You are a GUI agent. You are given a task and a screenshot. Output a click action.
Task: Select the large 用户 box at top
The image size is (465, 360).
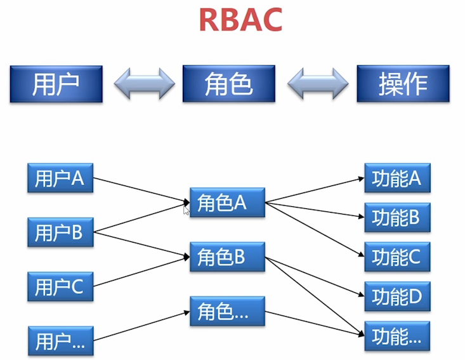(56, 83)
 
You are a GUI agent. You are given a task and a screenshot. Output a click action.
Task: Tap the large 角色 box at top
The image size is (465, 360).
(229, 83)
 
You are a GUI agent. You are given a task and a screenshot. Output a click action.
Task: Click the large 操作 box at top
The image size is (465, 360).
(403, 83)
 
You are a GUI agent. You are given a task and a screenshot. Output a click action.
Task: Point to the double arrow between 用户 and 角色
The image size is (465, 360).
(144, 83)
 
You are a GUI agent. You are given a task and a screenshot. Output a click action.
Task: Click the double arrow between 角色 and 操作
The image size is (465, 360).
(317, 83)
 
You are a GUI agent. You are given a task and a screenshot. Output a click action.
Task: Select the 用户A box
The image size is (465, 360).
(60, 178)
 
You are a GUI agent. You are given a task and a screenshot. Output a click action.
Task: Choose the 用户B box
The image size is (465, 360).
(60, 232)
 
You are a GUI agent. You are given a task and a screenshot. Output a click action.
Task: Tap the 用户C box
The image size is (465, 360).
(60, 286)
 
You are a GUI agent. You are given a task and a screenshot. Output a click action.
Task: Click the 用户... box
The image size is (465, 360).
(60, 340)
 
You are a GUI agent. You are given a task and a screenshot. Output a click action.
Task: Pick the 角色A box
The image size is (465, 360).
(227, 203)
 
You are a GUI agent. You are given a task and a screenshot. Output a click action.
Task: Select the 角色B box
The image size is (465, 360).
(227, 257)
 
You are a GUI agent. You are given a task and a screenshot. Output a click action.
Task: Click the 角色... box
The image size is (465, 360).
(227, 311)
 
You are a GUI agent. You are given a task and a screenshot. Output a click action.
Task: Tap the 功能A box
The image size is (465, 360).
(397, 178)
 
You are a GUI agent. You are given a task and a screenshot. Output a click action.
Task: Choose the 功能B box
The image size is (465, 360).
(397, 218)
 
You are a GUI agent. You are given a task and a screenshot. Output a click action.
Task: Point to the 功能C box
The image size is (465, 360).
(397, 257)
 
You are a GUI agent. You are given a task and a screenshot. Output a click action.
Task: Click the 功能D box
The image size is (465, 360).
(397, 297)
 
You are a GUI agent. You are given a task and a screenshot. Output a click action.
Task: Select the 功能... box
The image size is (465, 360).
(397, 337)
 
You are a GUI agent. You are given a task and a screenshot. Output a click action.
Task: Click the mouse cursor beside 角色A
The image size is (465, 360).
(187, 209)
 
